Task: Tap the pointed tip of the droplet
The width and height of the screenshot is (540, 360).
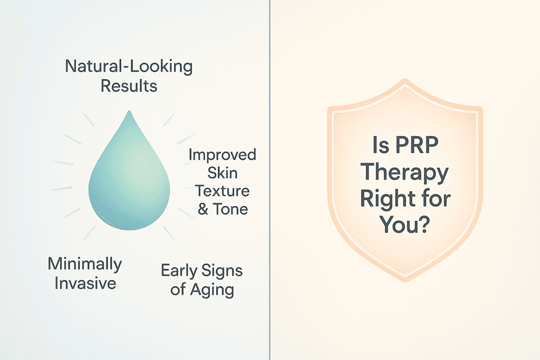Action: (129, 111)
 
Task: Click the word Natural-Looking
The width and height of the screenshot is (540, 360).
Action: (129, 66)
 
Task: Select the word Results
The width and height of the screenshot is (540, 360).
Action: (129, 86)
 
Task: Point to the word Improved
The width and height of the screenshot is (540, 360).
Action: (222, 155)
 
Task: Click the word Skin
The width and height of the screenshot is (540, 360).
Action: (222, 173)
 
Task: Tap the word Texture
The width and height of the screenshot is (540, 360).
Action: (223, 191)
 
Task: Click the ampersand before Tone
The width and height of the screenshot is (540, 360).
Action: (203, 209)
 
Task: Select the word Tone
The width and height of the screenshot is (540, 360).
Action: (230, 209)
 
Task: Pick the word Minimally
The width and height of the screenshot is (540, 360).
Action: (85, 265)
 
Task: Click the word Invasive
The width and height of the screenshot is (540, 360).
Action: (85, 283)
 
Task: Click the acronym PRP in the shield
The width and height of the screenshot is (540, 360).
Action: (417, 145)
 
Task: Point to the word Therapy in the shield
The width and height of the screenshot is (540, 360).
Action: (404, 172)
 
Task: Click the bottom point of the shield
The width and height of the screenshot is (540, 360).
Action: (406, 281)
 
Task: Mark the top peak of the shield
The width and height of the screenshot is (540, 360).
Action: (405, 79)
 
